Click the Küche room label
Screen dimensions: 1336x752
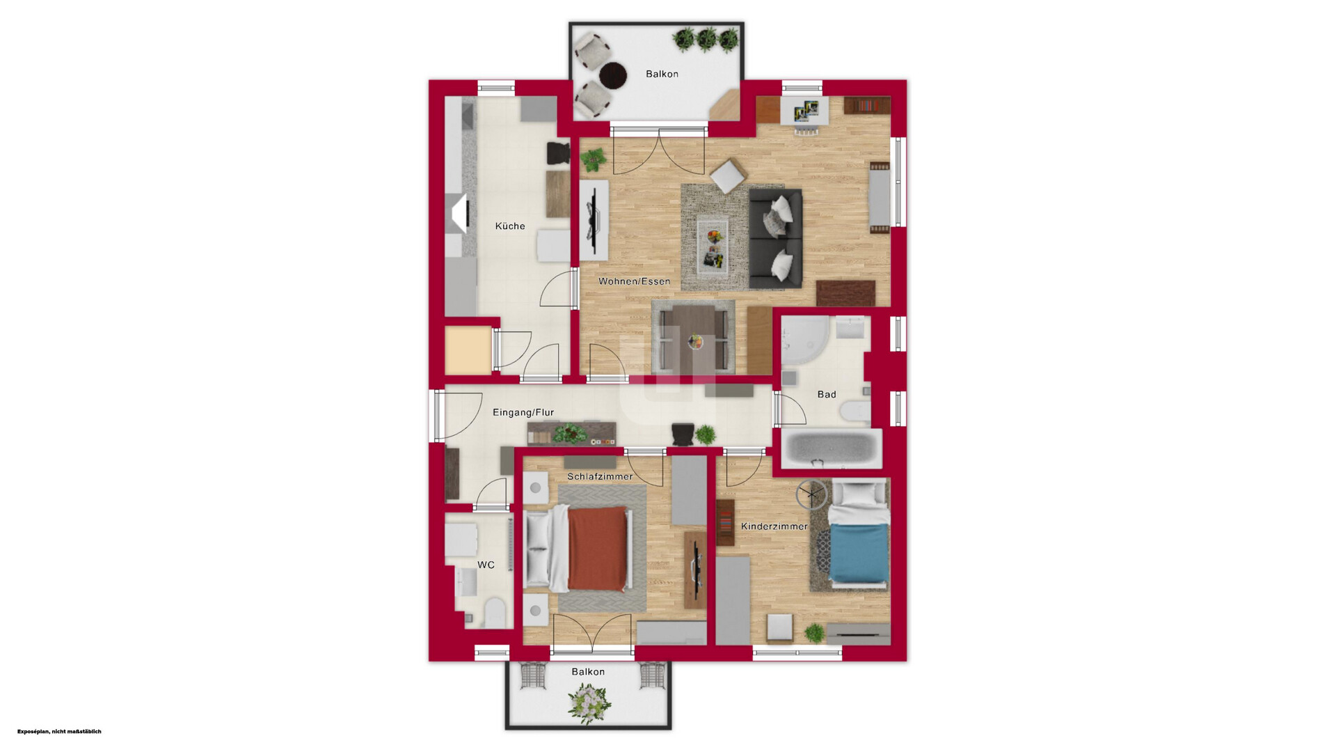coord(510,226)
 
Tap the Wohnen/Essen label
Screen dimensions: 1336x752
coord(635,281)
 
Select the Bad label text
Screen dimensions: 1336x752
coord(827,394)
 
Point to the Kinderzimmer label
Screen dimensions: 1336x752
coord(774,526)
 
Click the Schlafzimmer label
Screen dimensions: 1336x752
coord(600,476)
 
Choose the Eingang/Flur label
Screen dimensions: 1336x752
coord(523,412)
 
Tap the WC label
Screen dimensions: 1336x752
coord(486,565)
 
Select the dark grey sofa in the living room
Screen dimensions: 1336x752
coord(775,239)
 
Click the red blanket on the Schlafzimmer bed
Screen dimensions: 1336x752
coord(598,548)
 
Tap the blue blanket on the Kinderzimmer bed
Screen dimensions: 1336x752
coord(859,553)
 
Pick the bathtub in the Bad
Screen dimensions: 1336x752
coord(832,448)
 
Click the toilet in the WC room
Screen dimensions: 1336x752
coord(495,612)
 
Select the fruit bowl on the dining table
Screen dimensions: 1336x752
coord(695,341)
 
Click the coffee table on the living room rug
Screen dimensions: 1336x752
coord(713,247)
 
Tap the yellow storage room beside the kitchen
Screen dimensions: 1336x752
coord(468,350)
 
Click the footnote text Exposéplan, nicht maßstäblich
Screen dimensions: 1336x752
coord(59,731)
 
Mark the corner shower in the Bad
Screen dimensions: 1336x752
coord(805,343)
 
